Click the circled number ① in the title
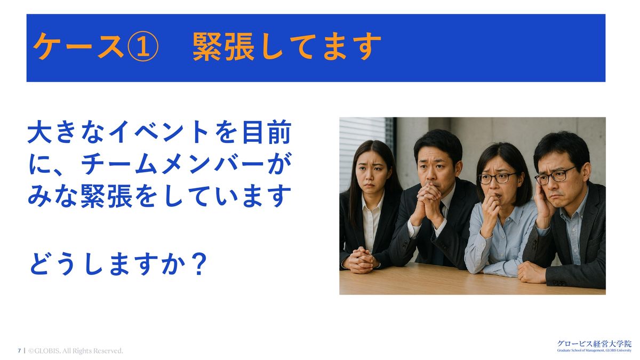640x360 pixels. point(142,46)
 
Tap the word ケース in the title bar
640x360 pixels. point(79,46)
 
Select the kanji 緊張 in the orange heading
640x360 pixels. point(223,46)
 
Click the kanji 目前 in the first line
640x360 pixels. point(267,132)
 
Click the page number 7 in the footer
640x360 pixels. point(19,350)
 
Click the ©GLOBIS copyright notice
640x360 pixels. point(75,350)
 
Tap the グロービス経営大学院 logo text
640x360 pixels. point(594,343)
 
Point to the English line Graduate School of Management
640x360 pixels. point(594,350)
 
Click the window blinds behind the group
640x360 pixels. point(362,149)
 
